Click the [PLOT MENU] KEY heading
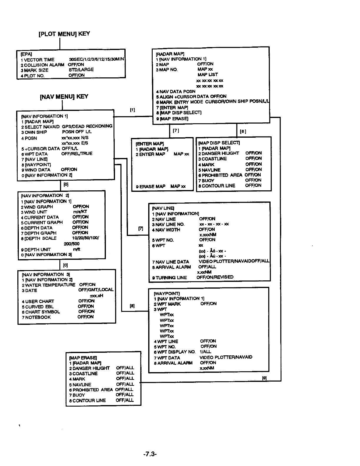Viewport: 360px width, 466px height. coord(64,34)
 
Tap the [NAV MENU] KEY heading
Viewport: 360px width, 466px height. coord(64,97)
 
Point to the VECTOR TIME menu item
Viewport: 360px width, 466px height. coord(39,60)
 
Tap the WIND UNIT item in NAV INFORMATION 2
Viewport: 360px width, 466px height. coord(36,212)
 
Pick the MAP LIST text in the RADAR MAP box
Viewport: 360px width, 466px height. coord(208,75)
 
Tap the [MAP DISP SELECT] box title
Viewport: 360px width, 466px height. coord(219,143)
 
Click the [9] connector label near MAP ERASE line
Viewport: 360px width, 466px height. coord(264,378)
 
